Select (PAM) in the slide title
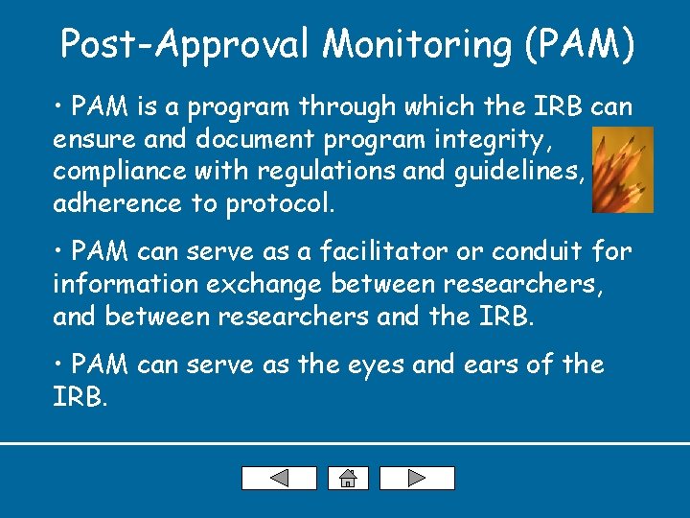click(x=580, y=44)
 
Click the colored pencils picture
click(x=622, y=170)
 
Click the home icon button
click(x=348, y=478)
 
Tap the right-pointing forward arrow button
click(x=417, y=478)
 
